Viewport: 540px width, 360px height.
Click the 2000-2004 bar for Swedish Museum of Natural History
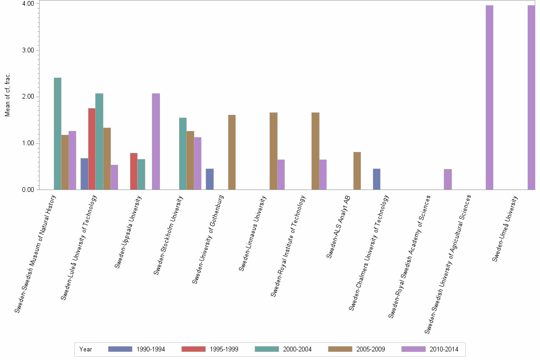58,134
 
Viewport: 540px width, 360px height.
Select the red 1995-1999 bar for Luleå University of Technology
91,149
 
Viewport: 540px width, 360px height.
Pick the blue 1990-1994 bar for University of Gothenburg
210,179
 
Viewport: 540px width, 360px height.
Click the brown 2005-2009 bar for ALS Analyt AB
357,170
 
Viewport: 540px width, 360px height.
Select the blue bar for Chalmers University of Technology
377,179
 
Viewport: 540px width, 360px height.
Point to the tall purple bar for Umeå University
531,98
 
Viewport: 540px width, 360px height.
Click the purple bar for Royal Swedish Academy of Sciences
448,180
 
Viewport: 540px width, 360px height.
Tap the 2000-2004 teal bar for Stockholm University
183,153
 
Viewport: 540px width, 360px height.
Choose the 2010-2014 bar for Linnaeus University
281,174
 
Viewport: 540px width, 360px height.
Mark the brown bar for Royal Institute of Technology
315,151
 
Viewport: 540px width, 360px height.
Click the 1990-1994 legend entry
137,349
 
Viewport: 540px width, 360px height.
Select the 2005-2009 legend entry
357,349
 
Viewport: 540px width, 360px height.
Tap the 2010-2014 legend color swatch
413,349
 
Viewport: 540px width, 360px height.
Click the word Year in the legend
86,349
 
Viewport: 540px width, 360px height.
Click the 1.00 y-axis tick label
27,143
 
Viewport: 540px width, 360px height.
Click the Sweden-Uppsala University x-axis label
129,231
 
